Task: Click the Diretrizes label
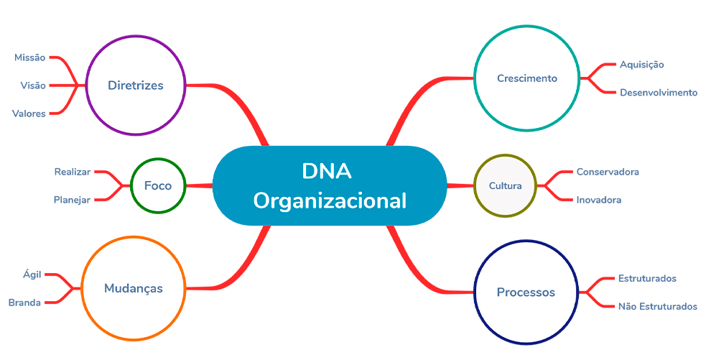[x=135, y=86]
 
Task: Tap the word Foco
[x=158, y=185]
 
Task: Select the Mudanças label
[x=133, y=289]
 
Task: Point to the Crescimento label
[x=526, y=78]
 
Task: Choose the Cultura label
[x=506, y=186]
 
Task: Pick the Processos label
[x=526, y=292]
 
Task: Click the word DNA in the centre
[x=328, y=172]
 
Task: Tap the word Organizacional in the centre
[x=330, y=200]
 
